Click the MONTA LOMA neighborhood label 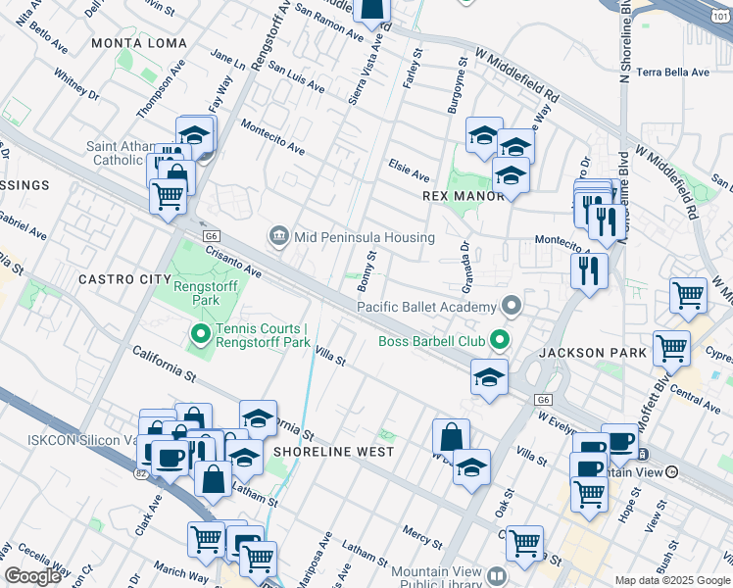coord(130,43)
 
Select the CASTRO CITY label coord(124,279)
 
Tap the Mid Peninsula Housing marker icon coord(278,236)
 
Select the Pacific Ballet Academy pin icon coord(509,307)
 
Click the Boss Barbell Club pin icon coord(499,341)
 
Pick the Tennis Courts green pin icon coord(201,335)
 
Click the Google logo coord(32,576)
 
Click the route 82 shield coord(142,474)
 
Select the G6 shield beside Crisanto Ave coord(210,235)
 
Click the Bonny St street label coord(367,269)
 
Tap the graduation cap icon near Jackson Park coord(488,376)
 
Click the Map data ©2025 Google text coord(671,580)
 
